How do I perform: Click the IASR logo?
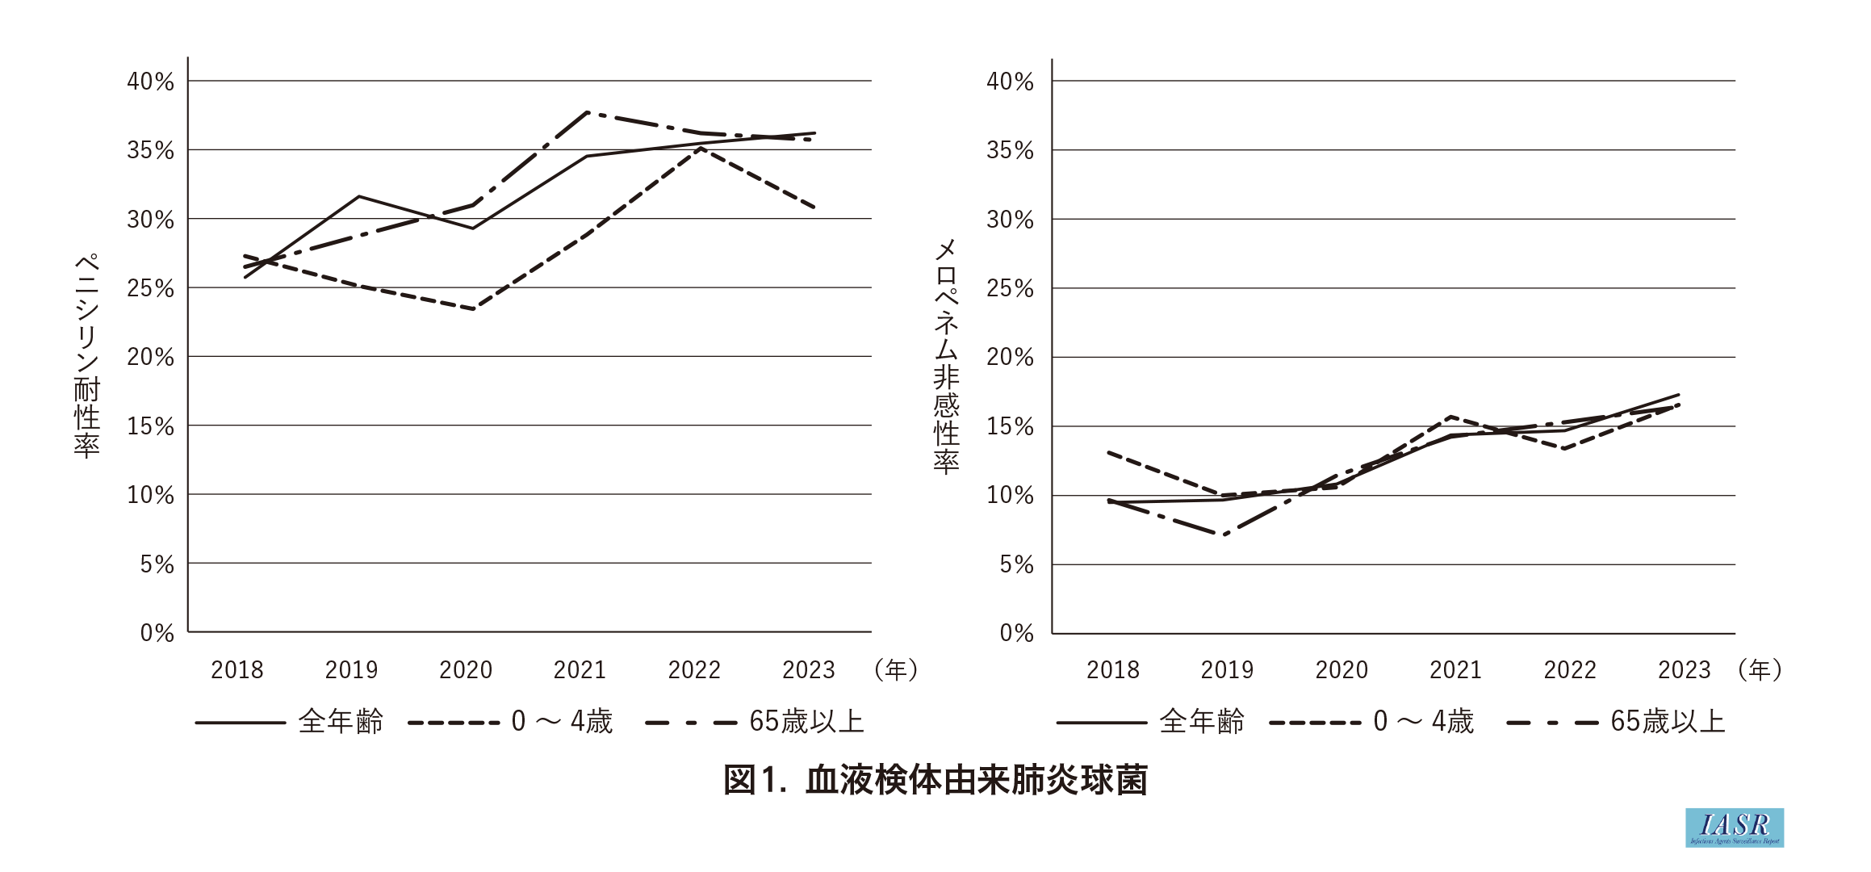[1734, 828]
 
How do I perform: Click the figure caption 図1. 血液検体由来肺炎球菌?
[935, 780]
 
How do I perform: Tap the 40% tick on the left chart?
[151, 82]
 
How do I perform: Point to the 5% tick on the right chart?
[1016, 564]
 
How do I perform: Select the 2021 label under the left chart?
[580, 670]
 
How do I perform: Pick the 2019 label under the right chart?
[1227, 670]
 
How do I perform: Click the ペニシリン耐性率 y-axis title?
[86, 356]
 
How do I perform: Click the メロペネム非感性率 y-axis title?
[946, 356]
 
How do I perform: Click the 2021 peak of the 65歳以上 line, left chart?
[587, 112]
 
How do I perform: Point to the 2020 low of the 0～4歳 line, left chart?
[472, 309]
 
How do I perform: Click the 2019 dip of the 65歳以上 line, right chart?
[1225, 535]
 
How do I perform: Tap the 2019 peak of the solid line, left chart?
[358, 196]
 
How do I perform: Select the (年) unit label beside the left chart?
[896, 670]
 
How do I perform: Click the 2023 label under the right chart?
[1685, 670]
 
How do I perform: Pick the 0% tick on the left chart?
[157, 633]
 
